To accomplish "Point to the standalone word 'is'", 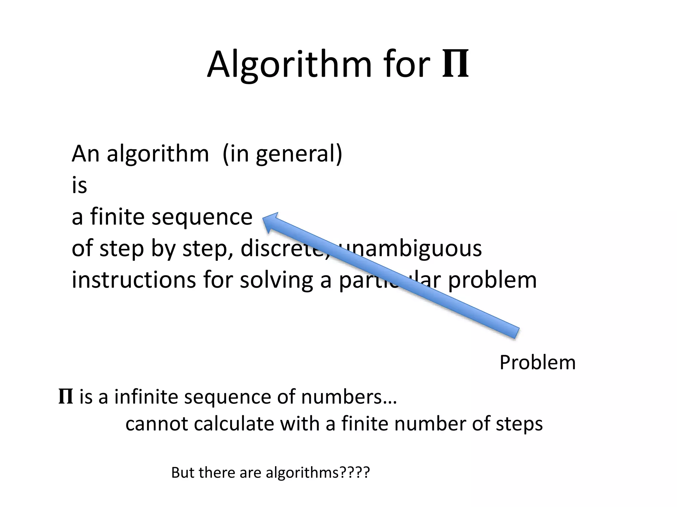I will tap(79, 186).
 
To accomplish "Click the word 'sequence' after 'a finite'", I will tap(202, 217).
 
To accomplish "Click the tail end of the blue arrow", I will tap(516, 333).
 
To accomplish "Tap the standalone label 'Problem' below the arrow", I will tap(538, 362).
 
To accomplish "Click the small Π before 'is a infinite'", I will tap(65, 397).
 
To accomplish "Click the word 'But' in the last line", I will tap(183, 473).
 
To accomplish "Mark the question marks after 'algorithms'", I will tap(355, 473).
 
